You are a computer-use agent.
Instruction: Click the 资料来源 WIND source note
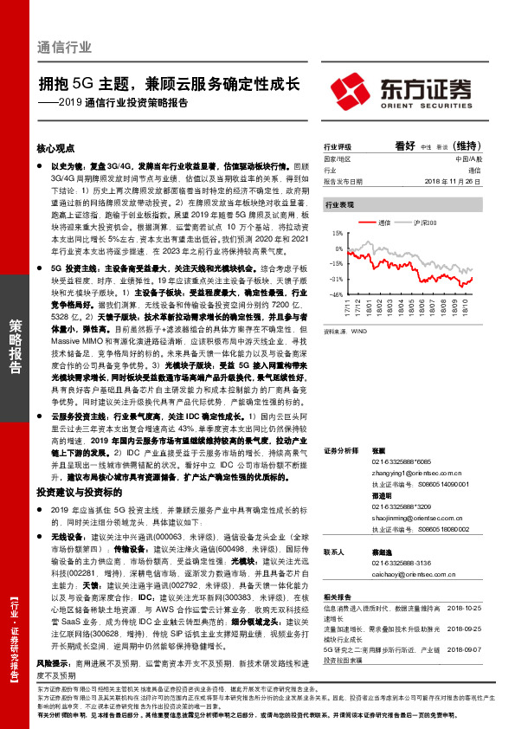pos(342,330)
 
